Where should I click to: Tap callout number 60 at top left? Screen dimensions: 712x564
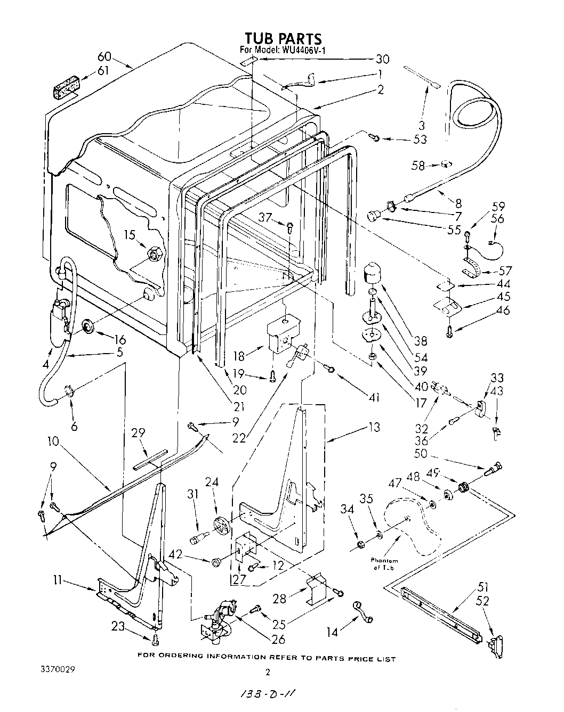[104, 57]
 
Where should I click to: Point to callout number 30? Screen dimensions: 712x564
[383, 59]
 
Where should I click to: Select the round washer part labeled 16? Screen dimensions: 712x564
[88, 326]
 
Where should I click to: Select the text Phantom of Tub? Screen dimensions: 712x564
[385, 564]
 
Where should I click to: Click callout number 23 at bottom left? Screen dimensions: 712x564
[118, 627]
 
